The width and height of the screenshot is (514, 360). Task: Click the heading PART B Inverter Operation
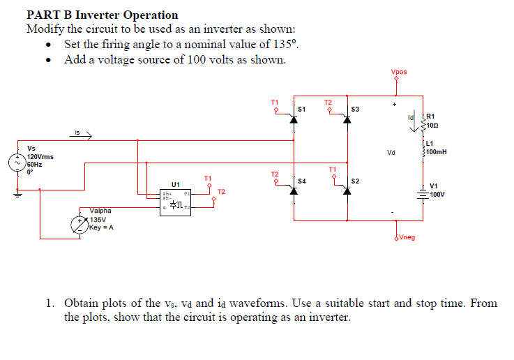click(102, 15)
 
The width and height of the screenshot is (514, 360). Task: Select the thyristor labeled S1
click(294, 119)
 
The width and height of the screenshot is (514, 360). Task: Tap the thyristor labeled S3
click(347, 119)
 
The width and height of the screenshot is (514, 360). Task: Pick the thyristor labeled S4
click(294, 190)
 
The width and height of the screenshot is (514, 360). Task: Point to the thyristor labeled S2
click(347, 190)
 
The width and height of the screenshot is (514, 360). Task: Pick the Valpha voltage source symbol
click(80, 224)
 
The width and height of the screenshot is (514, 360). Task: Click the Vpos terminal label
click(398, 72)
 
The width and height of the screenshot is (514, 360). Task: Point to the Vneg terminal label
click(407, 238)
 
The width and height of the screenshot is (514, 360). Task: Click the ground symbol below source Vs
click(18, 195)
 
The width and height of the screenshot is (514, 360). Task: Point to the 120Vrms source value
click(38, 156)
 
